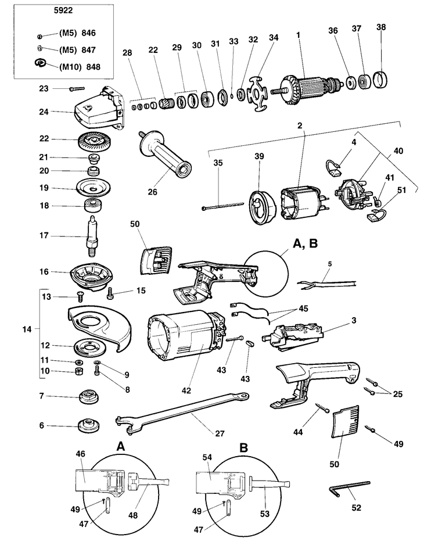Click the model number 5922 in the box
point(63,10)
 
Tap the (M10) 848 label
point(80,67)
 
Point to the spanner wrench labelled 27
point(182,411)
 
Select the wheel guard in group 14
point(99,327)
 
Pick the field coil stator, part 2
point(303,203)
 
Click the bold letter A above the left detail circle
point(121,447)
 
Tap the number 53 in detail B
point(265,514)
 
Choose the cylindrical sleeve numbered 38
point(380,80)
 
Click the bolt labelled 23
point(77,89)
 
